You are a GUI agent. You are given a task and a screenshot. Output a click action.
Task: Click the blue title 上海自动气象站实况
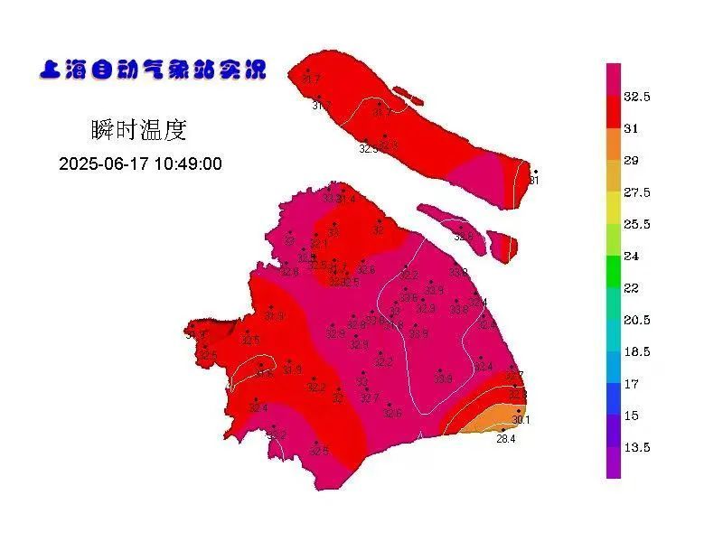153,70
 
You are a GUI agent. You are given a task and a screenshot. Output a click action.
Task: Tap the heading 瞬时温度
139,130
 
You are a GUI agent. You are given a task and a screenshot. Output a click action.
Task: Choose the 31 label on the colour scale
632,128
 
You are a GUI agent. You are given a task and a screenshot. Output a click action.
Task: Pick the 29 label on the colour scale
632,161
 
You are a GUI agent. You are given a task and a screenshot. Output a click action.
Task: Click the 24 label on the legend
632,256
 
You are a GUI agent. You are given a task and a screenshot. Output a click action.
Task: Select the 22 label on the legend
632,288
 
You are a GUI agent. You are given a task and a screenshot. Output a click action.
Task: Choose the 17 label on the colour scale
632,384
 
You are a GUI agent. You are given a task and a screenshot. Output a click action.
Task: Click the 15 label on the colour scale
632,416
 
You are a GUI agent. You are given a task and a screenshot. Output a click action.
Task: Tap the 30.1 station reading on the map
521,420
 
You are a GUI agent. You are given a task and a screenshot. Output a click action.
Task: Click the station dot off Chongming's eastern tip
535,172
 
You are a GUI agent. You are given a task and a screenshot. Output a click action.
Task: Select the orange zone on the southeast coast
488,420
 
